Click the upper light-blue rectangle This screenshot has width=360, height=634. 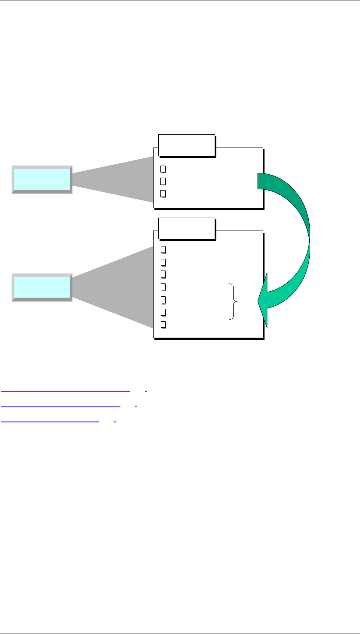click(42, 179)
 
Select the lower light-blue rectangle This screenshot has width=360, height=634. click(42, 287)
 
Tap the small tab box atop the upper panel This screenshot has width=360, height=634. click(186, 145)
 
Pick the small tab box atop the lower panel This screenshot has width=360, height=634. click(186, 228)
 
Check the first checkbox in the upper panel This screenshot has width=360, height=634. click(163, 169)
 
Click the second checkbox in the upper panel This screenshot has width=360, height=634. click(163, 181)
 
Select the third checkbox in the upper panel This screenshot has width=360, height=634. click(163, 194)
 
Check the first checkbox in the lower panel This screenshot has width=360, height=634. click(163, 249)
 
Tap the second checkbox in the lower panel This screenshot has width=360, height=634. click(163, 262)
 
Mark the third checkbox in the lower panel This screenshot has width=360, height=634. click(163, 274)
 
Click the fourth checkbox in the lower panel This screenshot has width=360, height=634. click(163, 286)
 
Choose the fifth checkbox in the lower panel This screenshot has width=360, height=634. click(163, 299)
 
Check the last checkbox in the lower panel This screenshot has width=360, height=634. click(163, 324)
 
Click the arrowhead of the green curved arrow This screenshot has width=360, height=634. click(263, 301)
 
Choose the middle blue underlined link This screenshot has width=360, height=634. click(61, 406)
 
